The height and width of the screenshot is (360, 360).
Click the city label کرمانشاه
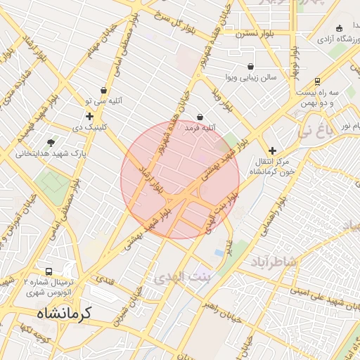(x=58, y=311)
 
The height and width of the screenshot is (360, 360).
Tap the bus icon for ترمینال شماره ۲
(x=49, y=271)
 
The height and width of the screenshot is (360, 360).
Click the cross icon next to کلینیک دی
(x=89, y=117)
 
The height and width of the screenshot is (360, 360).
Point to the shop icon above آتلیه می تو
(x=104, y=91)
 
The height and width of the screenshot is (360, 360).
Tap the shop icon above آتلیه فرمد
(x=200, y=117)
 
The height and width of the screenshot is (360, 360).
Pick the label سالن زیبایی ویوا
(x=251, y=76)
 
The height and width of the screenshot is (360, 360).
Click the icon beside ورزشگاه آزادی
(x=340, y=28)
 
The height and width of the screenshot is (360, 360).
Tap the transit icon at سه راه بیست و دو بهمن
(x=318, y=81)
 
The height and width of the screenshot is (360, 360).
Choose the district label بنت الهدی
(x=178, y=276)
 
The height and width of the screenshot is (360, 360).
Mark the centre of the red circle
(x=180, y=180)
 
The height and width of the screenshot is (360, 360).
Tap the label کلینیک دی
(x=91, y=127)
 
